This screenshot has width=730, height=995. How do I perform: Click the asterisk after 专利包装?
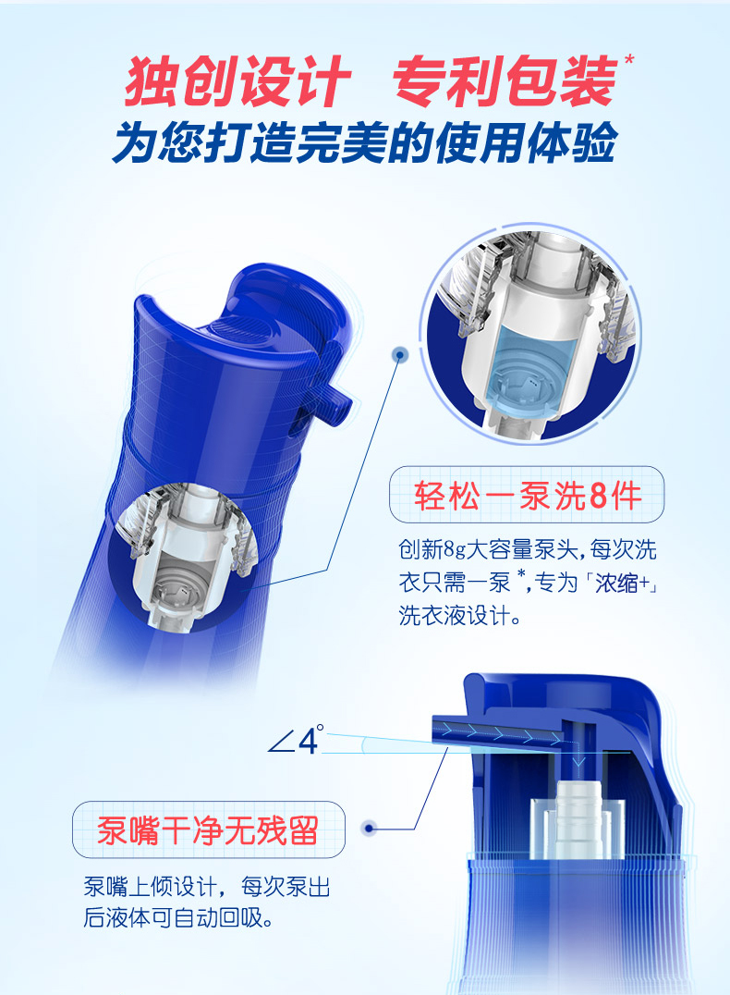[628, 60]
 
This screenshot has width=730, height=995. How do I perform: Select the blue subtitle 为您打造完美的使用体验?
[365, 142]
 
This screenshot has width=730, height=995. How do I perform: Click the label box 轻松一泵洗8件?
[527, 495]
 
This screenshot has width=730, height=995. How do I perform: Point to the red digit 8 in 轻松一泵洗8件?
[598, 496]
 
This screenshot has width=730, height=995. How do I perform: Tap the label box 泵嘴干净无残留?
[209, 830]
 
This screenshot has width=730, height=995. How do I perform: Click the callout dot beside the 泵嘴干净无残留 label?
[370, 829]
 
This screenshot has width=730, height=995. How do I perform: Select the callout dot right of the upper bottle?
[399, 354]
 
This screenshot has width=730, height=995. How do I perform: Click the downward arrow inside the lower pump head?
[578, 759]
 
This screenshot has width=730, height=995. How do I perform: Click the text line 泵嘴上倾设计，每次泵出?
[207, 887]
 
